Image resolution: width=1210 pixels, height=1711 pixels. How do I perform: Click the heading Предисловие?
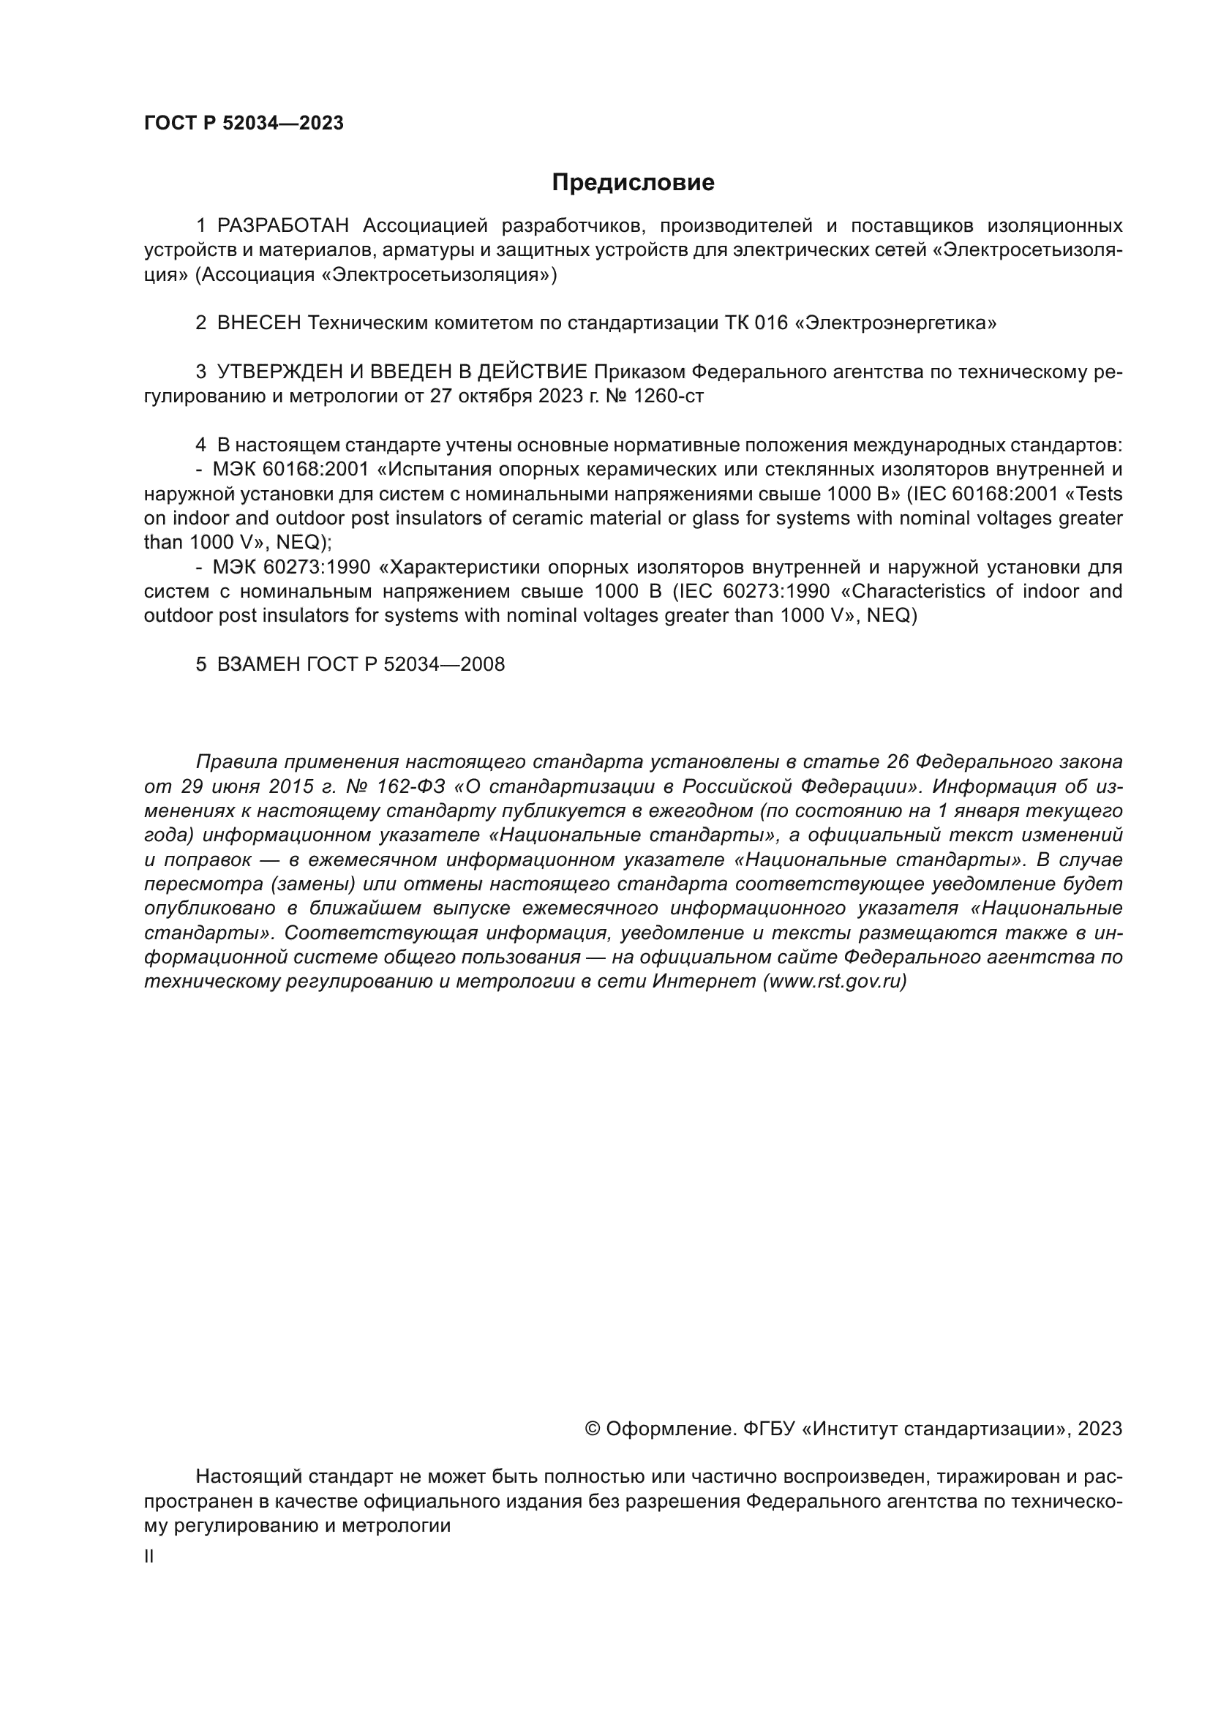(x=633, y=183)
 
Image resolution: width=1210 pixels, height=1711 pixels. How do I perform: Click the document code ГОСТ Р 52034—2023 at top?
(x=244, y=123)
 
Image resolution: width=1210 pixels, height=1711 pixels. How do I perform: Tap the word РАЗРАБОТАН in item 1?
(x=282, y=226)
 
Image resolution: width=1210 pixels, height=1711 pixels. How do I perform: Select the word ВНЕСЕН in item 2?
(x=258, y=323)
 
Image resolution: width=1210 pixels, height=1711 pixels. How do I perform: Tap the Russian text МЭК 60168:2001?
(x=290, y=470)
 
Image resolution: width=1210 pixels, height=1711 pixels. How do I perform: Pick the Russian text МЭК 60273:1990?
(x=291, y=567)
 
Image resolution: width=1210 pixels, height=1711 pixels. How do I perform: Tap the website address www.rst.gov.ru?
(x=835, y=982)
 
